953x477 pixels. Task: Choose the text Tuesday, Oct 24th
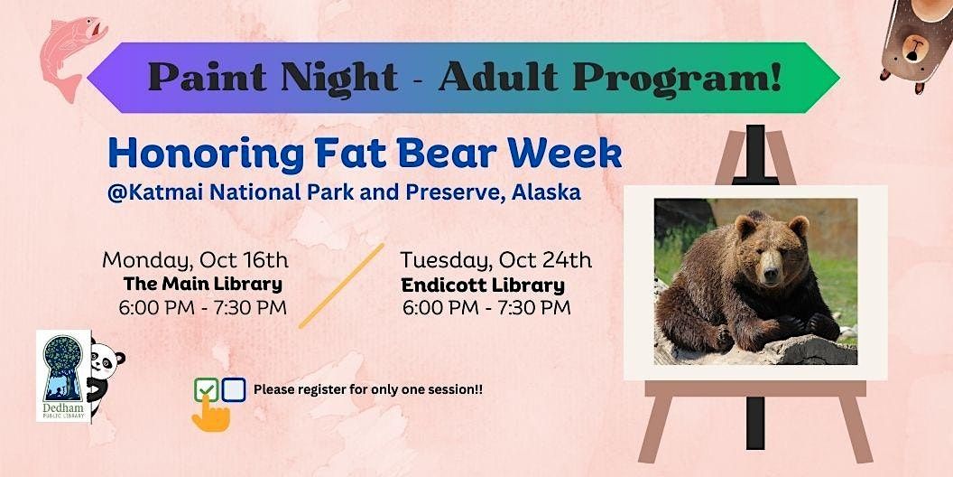point(495,261)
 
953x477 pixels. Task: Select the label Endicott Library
point(483,285)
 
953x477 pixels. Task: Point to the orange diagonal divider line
point(341,285)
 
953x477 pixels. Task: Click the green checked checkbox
point(206,390)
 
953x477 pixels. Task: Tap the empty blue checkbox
point(234,389)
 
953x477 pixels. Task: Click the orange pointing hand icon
point(211,412)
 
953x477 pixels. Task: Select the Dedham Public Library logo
point(63,374)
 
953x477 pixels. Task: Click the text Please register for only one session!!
point(368,390)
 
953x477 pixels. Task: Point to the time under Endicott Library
point(486,308)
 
